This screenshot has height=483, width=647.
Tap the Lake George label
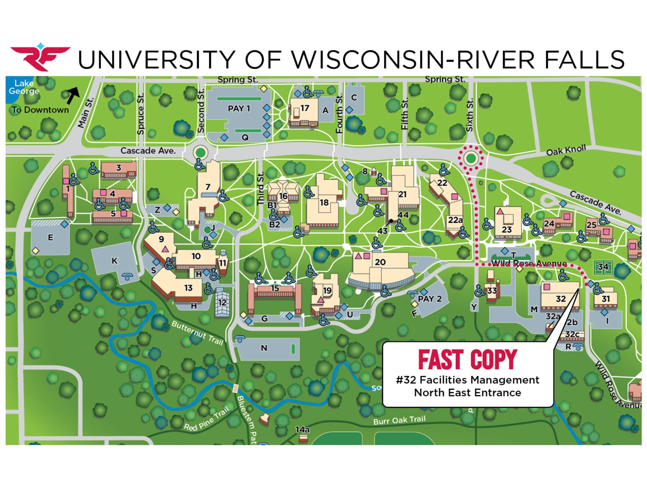[24, 87]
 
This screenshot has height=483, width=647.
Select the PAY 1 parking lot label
[239, 108]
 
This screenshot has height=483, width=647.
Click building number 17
[305, 108]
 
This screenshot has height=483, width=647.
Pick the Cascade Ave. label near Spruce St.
[148, 151]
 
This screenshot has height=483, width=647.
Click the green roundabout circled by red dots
[471, 158]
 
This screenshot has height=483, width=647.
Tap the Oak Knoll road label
[566, 150]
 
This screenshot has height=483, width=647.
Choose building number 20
[380, 262]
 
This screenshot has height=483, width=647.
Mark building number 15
[275, 288]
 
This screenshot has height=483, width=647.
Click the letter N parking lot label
[264, 348]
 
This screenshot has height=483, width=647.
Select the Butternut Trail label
[197, 332]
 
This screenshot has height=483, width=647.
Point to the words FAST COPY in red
[467, 360]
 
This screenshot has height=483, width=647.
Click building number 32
[560, 299]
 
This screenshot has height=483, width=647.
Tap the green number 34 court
[603, 267]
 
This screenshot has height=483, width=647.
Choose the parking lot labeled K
[114, 261]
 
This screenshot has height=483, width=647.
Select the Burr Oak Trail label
[399, 420]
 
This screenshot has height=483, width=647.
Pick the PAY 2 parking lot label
[430, 299]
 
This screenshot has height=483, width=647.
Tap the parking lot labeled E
[50, 237]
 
